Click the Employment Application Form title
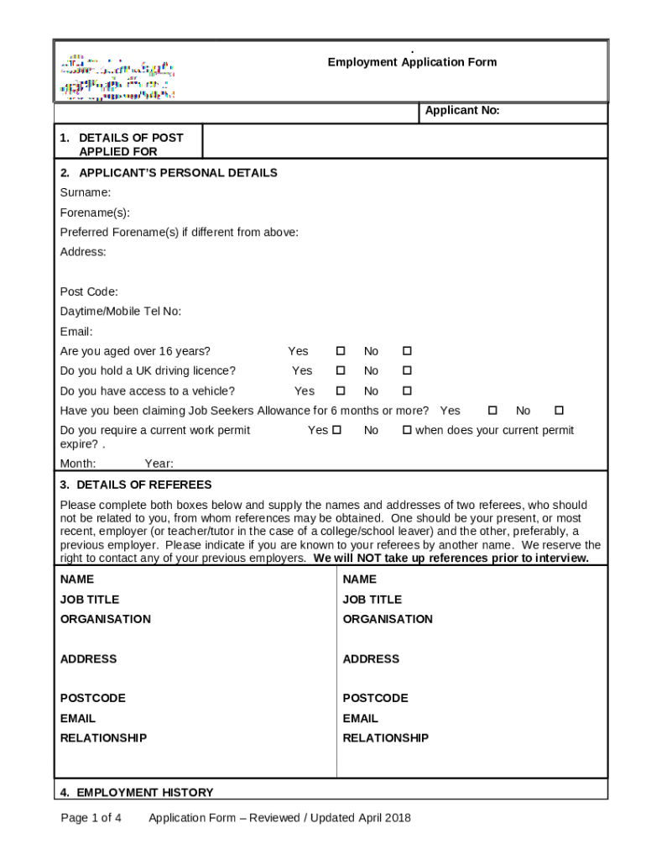[x=412, y=62]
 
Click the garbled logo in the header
[x=117, y=79]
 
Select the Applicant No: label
[x=462, y=111]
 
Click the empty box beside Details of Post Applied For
[x=405, y=142]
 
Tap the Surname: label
[x=86, y=192]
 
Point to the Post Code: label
[x=89, y=291]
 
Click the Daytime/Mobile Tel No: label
[x=121, y=312]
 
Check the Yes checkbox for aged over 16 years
[x=341, y=351]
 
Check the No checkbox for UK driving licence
[x=407, y=370]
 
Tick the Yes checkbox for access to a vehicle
[x=341, y=391]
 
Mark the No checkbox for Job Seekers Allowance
[x=559, y=411]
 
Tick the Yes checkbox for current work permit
[x=336, y=430]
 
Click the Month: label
[x=78, y=464]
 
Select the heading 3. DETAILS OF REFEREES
[x=136, y=485]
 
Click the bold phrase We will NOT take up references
[x=451, y=558]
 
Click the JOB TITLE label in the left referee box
[x=90, y=600]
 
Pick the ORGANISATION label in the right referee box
[x=388, y=619]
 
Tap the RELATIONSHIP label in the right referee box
[x=385, y=738]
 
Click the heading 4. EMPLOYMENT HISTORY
[x=137, y=792]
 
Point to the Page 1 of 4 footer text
[x=91, y=818]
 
